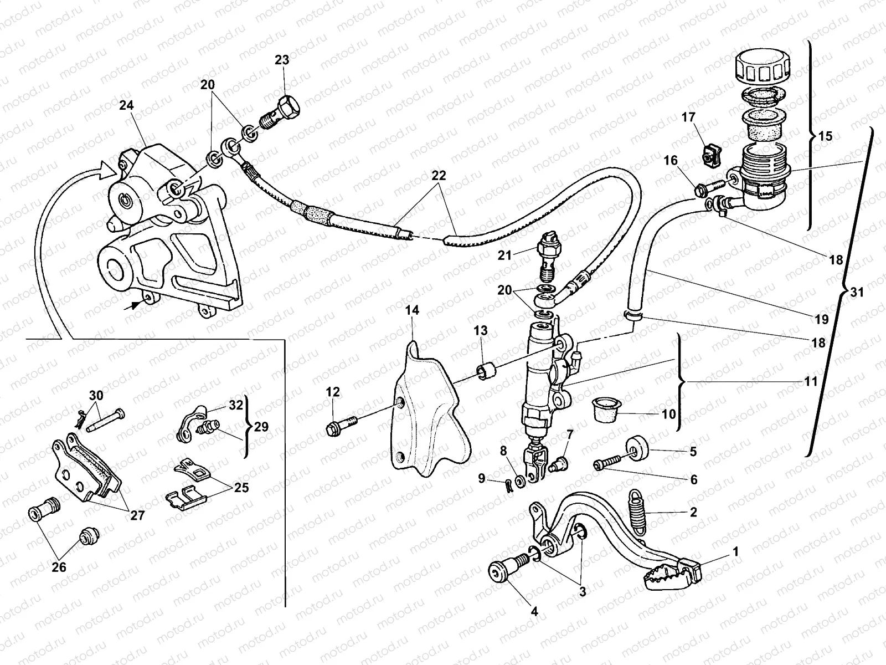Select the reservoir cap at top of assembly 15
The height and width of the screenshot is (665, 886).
point(761,68)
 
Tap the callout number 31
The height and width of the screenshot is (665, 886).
point(857,293)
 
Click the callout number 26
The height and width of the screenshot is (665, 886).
point(59,567)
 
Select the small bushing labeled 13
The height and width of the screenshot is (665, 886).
point(486,370)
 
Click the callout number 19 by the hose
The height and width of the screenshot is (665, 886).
point(822,320)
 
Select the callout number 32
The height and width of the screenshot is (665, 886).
point(236,405)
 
